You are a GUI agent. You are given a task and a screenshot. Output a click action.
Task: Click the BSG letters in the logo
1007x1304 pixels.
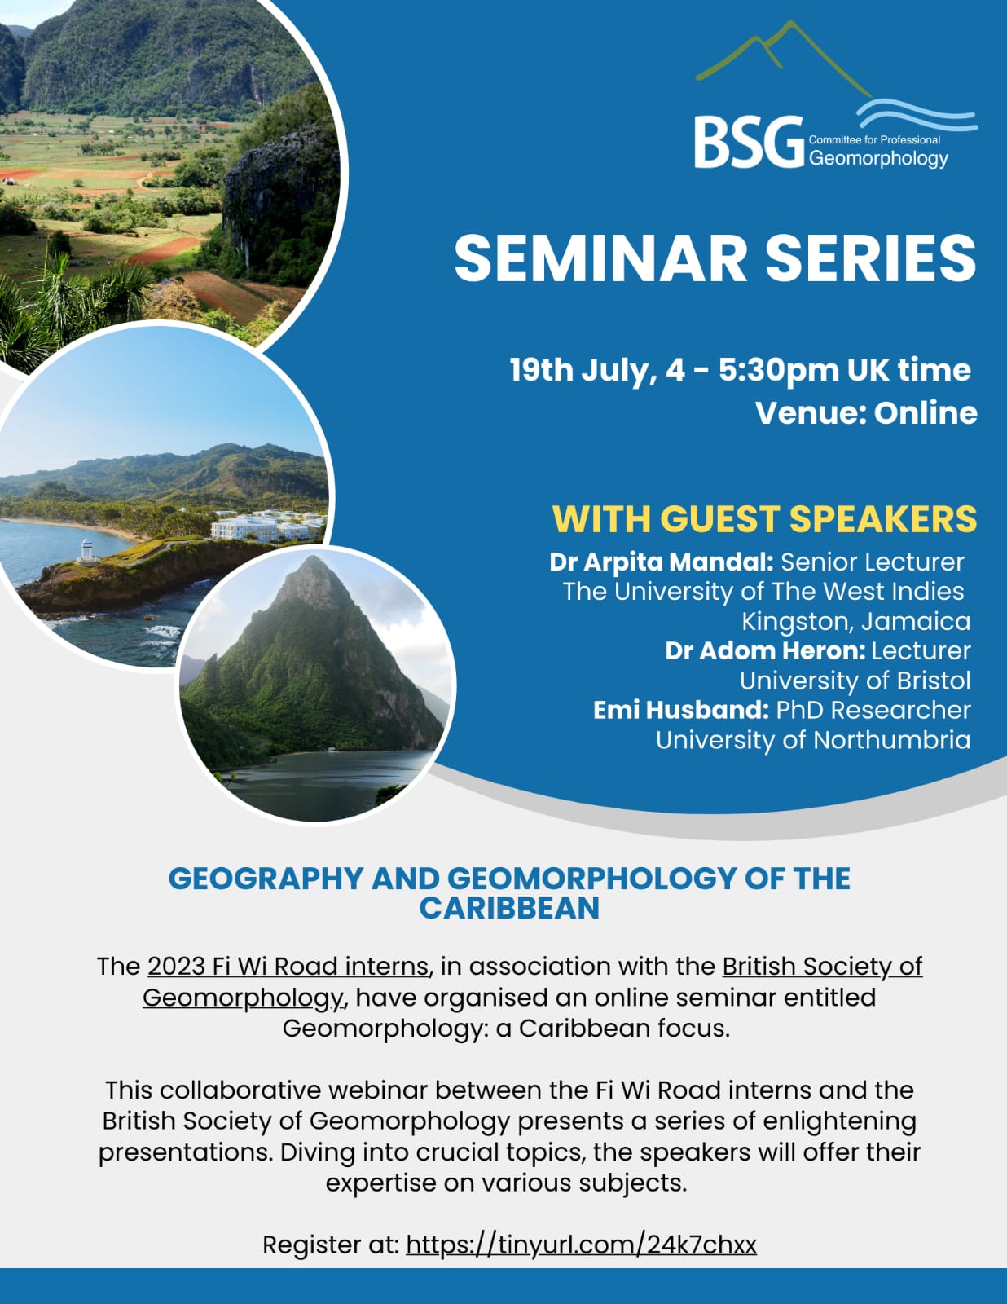point(749,143)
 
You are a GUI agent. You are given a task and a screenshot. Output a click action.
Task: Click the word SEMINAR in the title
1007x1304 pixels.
point(600,258)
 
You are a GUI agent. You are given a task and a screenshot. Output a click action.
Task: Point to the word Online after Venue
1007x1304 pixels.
point(926,413)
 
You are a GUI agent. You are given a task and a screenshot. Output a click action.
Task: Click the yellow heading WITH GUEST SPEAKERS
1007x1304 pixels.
point(765,519)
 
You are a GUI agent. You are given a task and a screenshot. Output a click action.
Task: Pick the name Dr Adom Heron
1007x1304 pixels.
point(765,651)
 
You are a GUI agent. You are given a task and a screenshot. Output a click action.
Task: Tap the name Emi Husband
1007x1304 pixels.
point(681,710)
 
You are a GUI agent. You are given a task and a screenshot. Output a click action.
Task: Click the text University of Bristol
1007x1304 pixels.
point(855,681)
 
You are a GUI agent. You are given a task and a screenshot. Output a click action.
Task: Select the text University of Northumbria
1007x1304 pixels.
point(812,740)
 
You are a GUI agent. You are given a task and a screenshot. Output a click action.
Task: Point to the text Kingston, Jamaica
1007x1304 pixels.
point(855,622)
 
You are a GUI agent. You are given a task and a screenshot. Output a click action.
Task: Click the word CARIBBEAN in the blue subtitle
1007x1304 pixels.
point(509,908)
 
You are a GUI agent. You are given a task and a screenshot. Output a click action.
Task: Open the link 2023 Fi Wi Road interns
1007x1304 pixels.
point(288,967)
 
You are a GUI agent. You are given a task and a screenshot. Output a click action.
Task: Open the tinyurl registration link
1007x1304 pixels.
point(581,1245)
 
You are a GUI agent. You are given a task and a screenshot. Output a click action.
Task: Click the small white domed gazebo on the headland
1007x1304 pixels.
point(87,550)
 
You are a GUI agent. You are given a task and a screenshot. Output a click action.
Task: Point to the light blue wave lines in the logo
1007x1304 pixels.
point(917,115)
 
